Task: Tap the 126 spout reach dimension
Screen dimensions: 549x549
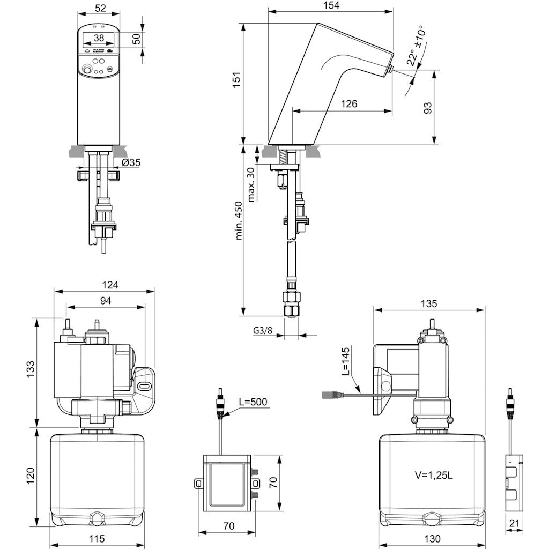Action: point(348,104)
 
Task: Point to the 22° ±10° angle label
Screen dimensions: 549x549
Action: point(414,47)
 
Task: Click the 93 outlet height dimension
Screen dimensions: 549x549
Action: point(427,108)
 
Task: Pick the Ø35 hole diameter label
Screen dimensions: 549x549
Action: point(130,163)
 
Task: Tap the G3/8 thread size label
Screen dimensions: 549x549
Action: point(263,330)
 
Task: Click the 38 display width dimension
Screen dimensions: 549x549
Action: point(99,38)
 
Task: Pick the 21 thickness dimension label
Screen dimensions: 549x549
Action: point(515,523)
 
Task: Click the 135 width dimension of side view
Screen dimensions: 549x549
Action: point(429,303)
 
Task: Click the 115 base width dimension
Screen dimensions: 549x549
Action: point(97,539)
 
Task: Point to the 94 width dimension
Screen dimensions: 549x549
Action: point(105,301)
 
